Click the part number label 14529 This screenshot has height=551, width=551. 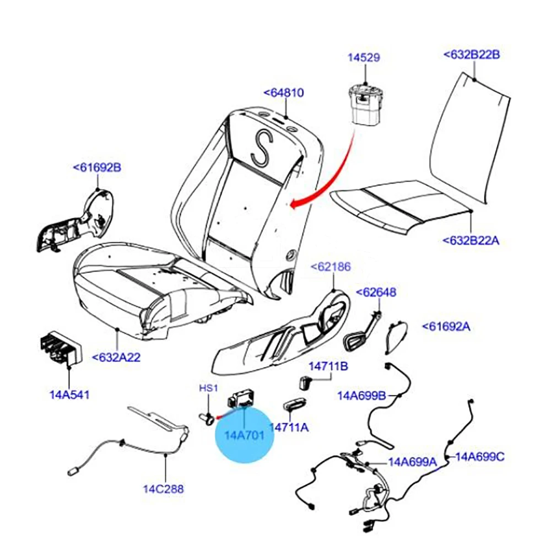[x=364, y=58]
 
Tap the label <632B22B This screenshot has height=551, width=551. [x=472, y=55]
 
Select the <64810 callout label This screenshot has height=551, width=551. [x=284, y=93]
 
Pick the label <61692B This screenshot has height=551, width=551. [x=97, y=168]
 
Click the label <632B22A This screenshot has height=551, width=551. [x=471, y=241]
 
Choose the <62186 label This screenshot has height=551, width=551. [x=331, y=267]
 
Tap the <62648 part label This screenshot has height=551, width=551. [x=376, y=292]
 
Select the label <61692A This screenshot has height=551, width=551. [x=446, y=326]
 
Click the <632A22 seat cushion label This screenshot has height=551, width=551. [x=116, y=358]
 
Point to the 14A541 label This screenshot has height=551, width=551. [x=69, y=395]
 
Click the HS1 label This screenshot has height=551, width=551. [x=208, y=388]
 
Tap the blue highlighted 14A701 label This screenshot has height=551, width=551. [x=244, y=435]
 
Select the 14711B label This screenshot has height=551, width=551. [x=328, y=366]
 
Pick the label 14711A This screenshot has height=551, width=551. [x=289, y=428]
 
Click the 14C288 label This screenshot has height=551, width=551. [x=164, y=489]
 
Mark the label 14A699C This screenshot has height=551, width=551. [x=480, y=457]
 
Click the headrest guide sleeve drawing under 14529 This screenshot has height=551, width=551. [x=365, y=105]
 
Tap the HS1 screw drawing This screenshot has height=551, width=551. [x=207, y=419]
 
